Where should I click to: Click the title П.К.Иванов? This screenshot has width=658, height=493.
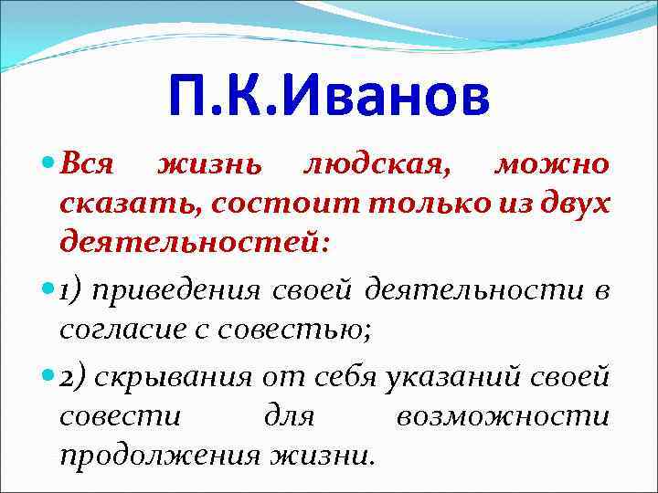(x=329, y=98)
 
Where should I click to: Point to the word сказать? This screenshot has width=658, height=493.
(x=131, y=205)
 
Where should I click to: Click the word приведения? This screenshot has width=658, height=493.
(x=177, y=290)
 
